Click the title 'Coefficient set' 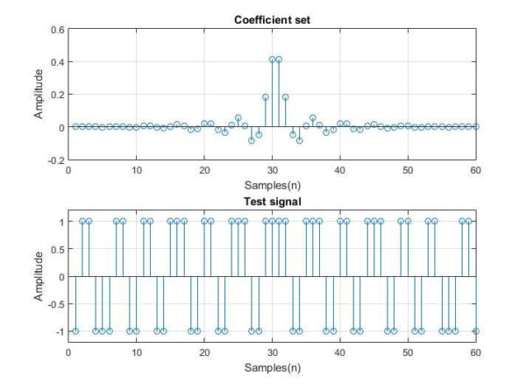[x=272, y=19]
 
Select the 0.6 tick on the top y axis [x=56, y=29]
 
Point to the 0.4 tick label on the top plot [x=56, y=61]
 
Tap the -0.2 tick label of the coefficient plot [x=54, y=160]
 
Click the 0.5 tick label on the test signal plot [x=56, y=250]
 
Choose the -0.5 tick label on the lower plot [x=54, y=304]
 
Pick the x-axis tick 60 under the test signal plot [x=475, y=352]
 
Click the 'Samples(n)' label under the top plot [x=272, y=184]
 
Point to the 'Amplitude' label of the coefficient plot [x=39, y=95]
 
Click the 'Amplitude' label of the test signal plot [x=39, y=276]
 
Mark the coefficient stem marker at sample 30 [x=272, y=60]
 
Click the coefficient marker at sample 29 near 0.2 [x=265, y=96]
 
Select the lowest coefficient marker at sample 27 [x=252, y=140]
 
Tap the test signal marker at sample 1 [x=75, y=331]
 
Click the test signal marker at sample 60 [x=475, y=331]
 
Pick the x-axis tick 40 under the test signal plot [x=340, y=352]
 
